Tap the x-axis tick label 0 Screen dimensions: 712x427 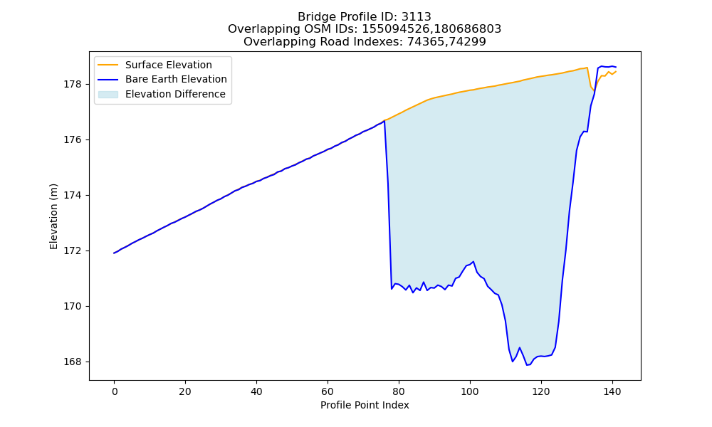(115, 391)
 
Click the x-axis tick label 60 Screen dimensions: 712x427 (328, 391)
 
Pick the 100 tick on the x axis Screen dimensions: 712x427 (470, 391)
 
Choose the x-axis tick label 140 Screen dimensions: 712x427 (612, 391)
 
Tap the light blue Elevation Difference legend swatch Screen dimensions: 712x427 (108, 95)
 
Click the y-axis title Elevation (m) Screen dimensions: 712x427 (53, 216)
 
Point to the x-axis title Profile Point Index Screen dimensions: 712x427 (365, 405)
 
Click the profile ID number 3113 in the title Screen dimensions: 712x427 (417, 17)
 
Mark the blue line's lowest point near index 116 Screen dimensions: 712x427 (527, 365)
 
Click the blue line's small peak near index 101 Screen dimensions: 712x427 (473, 261)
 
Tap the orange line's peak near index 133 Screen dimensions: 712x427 (587, 68)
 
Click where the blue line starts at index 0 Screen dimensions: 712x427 (114, 253)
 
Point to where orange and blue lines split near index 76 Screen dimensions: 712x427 (384, 121)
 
